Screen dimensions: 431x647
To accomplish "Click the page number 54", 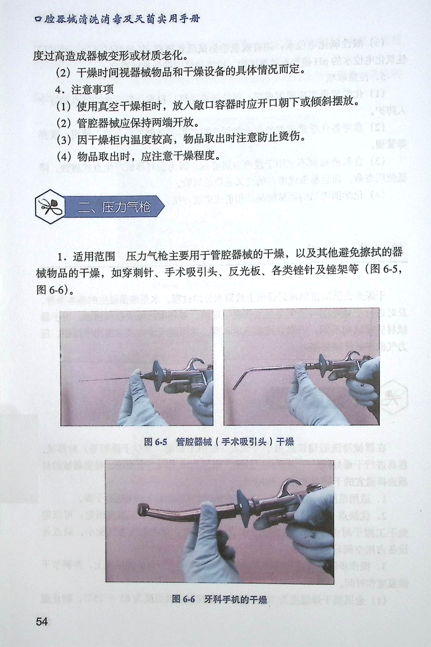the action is (x=42, y=621).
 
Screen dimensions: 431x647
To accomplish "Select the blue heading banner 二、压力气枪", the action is (x=115, y=207).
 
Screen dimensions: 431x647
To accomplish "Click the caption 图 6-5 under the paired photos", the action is (x=156, y=442).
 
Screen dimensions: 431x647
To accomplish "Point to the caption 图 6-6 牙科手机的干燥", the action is (x=219, y=599).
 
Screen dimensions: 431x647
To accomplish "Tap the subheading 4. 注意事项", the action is (x=84, y=89).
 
